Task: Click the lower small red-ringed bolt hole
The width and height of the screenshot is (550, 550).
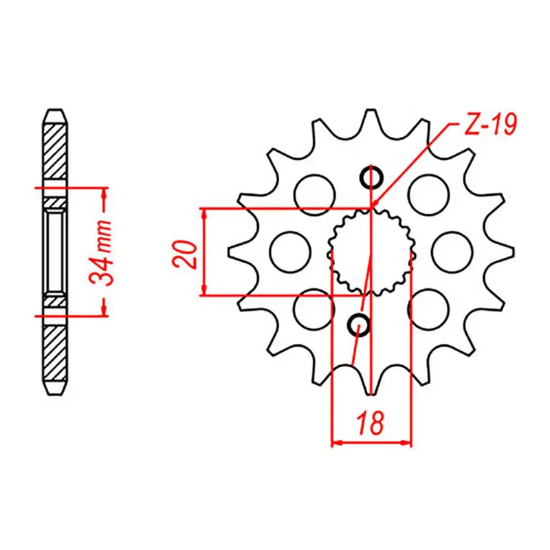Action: point(359,324)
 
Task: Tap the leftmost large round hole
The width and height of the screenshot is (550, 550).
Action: point(287,252)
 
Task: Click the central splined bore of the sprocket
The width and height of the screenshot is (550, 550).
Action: point(372,252)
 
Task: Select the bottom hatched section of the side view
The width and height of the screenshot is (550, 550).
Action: point(55,354)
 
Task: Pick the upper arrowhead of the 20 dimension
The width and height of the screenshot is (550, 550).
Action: point(204,213)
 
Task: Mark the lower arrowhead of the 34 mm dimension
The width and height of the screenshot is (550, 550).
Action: point(104,309)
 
